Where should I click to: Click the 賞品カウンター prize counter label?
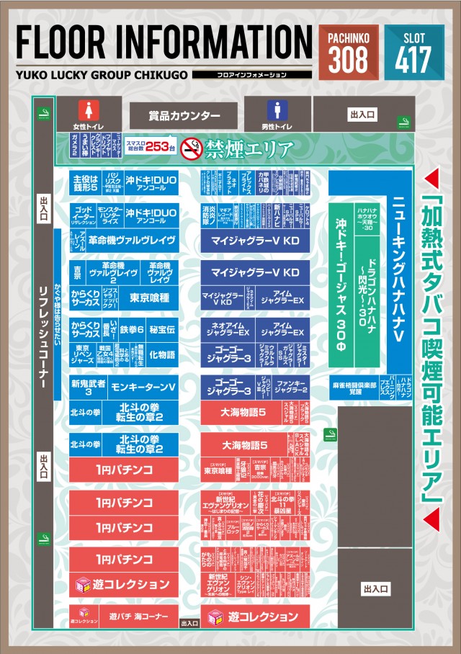click(x=184, y=115)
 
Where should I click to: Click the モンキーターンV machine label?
click(x=143, y=387)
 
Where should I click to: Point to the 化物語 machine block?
click(x=162, y=354)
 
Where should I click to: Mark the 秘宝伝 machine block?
click(x=162, y=329)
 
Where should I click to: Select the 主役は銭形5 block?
click(x=84, y=182)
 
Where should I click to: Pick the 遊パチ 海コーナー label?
click(x=138, y=617)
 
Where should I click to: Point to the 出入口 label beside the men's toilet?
click(x=362, y=114)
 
